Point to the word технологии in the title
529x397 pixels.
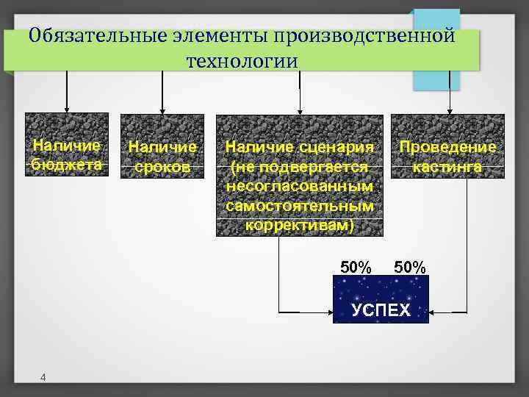click(242, 60)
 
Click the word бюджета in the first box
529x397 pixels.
click(67, 164)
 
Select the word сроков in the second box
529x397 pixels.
click(162, 168)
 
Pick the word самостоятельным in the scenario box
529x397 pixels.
click(300, 205)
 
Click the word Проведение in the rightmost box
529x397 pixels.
click(447, 147)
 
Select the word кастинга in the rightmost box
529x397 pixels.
click(447, 167)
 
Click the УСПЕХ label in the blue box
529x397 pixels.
click(381, 309)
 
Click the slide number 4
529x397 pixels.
click(43, 378)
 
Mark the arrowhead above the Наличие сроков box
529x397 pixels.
click(162, 110)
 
